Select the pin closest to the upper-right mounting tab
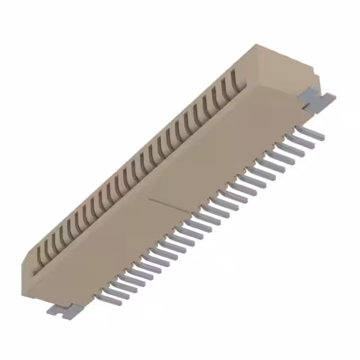tap(310, 133)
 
